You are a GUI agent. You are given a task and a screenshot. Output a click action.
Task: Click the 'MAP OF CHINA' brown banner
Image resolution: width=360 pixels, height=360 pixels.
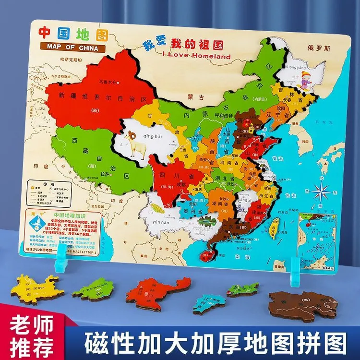72,48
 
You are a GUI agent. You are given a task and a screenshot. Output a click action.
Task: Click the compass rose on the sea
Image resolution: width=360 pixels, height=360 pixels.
320,191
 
